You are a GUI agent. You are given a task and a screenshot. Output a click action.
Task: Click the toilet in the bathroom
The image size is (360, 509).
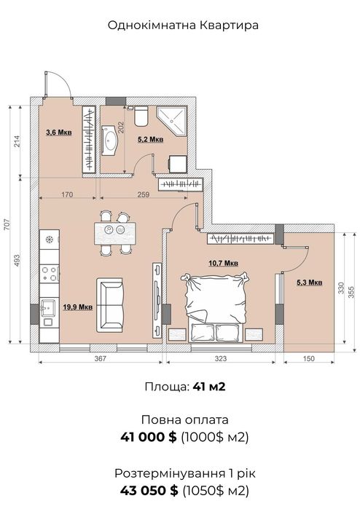141,116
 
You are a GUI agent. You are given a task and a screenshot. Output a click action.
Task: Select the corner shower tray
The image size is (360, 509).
172,121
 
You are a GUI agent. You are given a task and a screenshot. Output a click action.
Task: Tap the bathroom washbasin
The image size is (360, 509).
110,141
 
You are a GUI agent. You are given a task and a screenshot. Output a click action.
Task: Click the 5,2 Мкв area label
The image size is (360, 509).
150,140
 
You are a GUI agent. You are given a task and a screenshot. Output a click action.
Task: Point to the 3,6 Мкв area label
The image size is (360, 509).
58,133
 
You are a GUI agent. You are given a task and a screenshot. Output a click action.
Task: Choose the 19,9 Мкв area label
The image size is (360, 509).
78,307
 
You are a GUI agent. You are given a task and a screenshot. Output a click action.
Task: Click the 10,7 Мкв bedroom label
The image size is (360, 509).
223,263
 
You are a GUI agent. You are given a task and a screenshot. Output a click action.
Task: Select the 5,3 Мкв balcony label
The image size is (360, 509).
309,283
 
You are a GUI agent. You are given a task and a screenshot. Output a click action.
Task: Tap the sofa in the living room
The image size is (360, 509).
110,305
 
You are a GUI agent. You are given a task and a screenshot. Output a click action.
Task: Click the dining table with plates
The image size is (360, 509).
115,233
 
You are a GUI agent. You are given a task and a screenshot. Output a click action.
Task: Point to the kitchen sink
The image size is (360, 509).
48,307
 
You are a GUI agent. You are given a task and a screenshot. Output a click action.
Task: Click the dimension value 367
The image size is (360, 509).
101,358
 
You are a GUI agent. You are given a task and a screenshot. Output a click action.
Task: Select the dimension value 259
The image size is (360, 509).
144,194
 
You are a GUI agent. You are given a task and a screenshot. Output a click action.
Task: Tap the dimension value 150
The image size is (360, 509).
309,358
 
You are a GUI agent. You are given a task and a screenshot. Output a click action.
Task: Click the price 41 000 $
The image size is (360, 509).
149,437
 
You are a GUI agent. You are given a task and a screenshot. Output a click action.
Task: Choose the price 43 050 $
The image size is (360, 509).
149,491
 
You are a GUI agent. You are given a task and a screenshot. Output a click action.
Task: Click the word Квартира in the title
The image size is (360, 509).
229,25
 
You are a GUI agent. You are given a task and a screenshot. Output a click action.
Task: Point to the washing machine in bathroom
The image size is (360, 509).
178,165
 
